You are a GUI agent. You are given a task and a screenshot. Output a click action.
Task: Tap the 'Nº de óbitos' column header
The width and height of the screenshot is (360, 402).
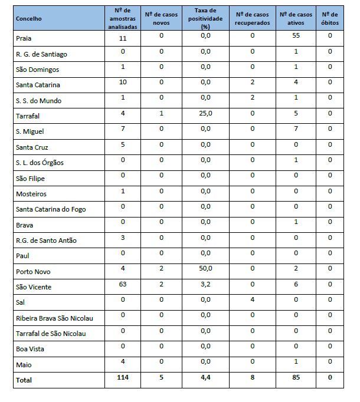(330, 19)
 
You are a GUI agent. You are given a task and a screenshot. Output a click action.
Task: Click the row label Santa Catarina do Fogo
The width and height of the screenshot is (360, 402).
(51, 209)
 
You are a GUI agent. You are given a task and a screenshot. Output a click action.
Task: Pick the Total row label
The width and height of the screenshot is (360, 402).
(24, 380)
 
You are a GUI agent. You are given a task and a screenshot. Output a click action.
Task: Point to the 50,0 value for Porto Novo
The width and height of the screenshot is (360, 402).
(205, 268)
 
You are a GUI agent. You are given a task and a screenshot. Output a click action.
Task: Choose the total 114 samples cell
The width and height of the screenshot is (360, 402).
(123, 378)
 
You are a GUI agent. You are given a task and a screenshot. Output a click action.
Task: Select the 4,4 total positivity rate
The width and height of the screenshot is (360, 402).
(205, 378)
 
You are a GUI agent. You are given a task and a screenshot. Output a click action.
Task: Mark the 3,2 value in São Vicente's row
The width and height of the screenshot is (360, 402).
(205, 284)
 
